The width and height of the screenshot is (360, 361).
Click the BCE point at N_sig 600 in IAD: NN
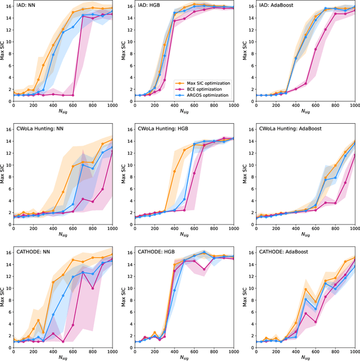(73, 95)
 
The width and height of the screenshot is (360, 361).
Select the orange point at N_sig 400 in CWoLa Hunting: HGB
(174, 172)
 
